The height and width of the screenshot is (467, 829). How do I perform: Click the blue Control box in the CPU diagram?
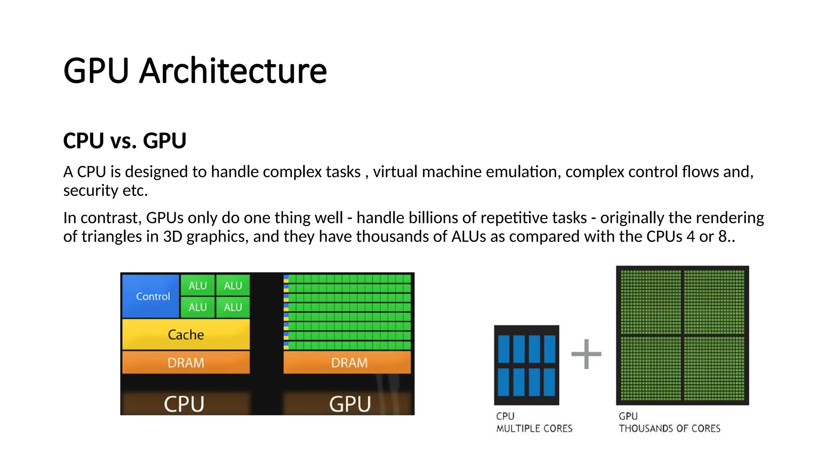[x=151, y=296]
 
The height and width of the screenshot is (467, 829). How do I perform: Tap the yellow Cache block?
[x=186, y=334]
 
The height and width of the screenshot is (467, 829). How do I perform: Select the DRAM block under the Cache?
[x=186, y=362]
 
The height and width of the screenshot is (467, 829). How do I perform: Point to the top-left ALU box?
[x=198, y=285]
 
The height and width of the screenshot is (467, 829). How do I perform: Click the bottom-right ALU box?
[x=233, y=307]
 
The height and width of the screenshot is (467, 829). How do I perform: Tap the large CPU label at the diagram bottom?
[x=184, y=404]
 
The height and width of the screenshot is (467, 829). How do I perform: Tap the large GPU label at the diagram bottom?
[x=350, y=404]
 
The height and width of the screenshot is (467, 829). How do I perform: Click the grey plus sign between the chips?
[x=586, y=354]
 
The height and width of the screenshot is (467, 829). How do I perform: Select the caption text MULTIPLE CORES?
[x=534, y=428]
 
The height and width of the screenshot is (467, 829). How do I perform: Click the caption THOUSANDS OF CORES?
[x=670, y=428]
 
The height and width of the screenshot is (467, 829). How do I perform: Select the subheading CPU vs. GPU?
[x=125, y=141]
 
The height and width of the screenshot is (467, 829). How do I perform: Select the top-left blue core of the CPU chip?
[x=504, y=349]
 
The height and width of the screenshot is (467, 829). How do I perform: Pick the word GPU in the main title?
[x=96, y=71]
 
